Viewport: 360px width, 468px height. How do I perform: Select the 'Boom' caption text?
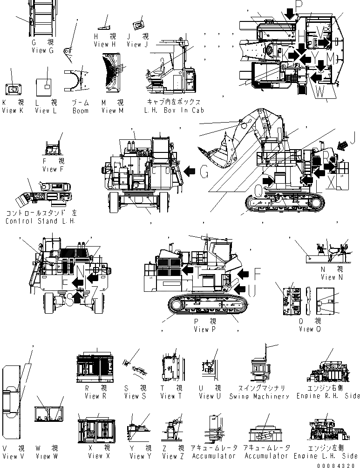point(80,110)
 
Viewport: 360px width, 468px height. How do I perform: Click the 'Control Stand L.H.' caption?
point(40,220)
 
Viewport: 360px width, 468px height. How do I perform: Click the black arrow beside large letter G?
point(190,172)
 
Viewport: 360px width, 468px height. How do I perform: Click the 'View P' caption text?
point(205,329)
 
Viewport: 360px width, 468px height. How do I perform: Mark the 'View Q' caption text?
point(309,329)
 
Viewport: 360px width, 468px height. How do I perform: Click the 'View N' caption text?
point(328,277)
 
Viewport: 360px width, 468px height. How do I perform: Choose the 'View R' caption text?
point(95,396)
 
